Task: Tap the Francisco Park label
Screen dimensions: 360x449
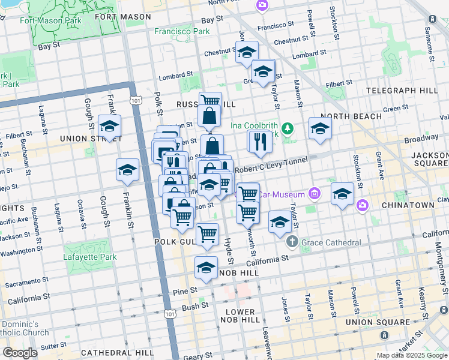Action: click(182, 31)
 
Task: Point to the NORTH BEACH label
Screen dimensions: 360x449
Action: click(351, 116)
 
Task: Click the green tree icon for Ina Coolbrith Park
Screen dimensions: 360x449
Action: click(288, 127)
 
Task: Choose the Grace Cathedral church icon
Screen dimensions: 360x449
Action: click(292, 242)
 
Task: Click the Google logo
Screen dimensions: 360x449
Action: click(20, 353)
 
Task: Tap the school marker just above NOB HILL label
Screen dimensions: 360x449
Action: click(206, 267)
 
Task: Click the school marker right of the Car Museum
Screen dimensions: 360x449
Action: click(342, 193)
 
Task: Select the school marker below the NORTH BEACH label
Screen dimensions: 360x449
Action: click(320, 128)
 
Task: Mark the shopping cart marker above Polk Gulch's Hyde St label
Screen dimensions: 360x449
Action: click(207, 233)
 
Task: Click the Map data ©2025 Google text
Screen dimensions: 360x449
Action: click(412, 355)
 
